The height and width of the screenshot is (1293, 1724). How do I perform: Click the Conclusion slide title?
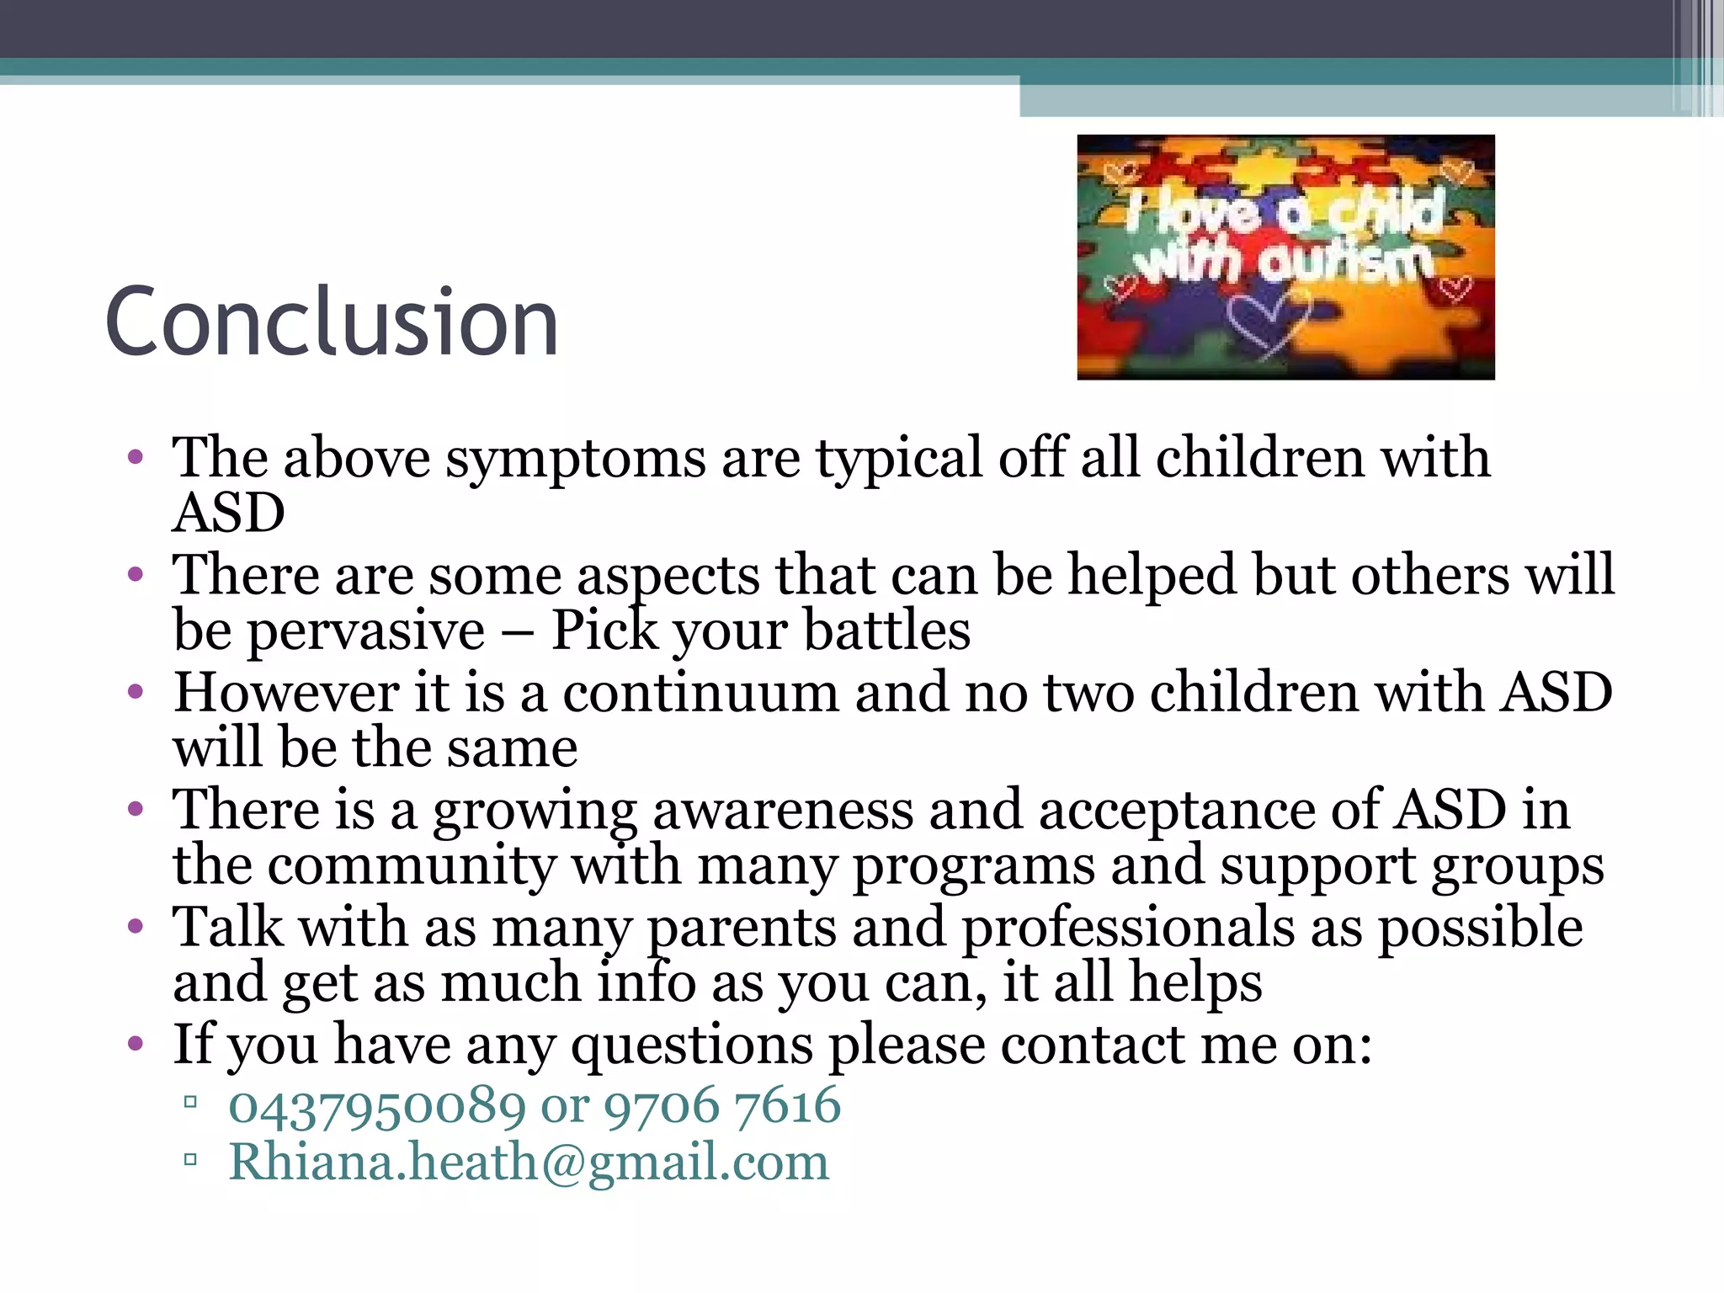click(x=332, y=322)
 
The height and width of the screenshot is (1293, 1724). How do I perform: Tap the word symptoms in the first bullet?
click(x=576, y=460)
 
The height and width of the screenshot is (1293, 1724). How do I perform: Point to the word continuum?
click(x=700, y=694)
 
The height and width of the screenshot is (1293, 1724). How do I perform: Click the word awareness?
click(x=783, y=811)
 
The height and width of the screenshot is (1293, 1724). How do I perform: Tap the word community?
click(x=412, y=867)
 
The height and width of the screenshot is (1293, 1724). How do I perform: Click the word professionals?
click(x=1128, y=929)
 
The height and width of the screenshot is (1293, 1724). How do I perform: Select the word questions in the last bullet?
click(x=692, y=1046)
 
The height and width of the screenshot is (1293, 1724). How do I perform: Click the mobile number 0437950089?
click(x=377, y=1106)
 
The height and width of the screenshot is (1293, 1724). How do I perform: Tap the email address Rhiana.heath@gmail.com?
click(x=529, y=1163)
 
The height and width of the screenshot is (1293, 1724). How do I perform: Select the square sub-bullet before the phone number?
click(x=190, y=1102)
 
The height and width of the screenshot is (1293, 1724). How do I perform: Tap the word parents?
click(x=741, y=929)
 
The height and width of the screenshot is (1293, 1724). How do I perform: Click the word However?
click(x=285, y=694)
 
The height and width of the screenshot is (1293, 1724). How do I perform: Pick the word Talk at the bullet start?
click(x=227, y=929)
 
